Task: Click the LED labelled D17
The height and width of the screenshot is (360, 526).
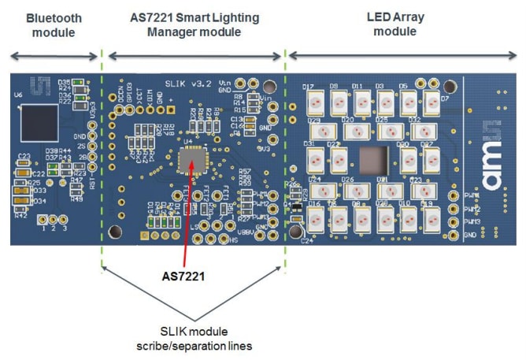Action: [x=313, y=101]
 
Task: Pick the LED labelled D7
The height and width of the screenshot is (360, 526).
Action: [x=432, y=101]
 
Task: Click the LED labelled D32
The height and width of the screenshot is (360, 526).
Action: [x=419, y=130]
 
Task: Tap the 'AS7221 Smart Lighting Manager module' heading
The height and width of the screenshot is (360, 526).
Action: [x=194, y=24]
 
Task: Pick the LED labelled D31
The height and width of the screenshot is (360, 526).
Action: [x=313, y=159]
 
